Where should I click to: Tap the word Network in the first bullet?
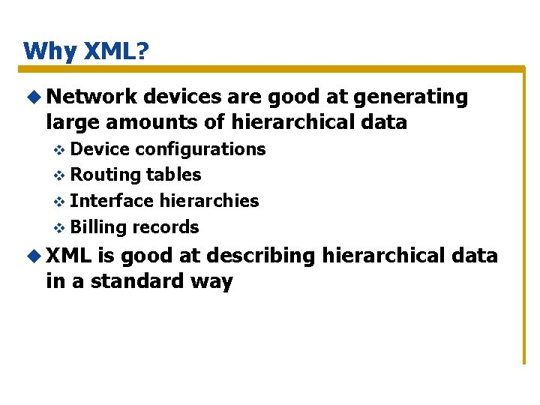pyautogui.click(x=91, y=97)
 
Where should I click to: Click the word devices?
pyautogui.click(x=180, y=97)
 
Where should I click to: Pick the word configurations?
pyautogui.click(x=199, y=149)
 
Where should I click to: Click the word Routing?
pyautogui.click(x=106, y=175)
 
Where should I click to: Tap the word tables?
pyautogui.click(x=174, y=175)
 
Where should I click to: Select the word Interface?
pyautogui.click(x=112, y=201)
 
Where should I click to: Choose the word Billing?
pyautogui.click(x=99, y=227)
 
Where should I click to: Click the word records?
pyautogui.click(x=166, y=227)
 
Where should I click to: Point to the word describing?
pyautogui.click(x=261, y=256)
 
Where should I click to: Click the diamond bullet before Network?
pyautogui.click(x=34, y=97)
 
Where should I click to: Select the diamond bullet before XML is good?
pyautogui.click(x=34, y=256)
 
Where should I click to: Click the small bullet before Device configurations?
pyautogui.click(x=61, y=150)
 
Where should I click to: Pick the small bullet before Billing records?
pyautogui.click(x=61, y=228)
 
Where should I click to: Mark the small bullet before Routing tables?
pyautogui.click(x=61, y=175)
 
